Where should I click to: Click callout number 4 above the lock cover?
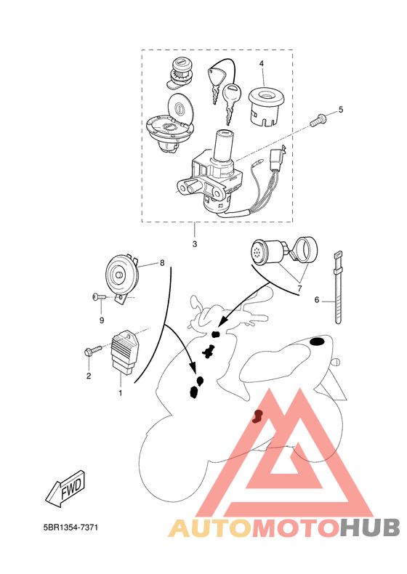[x=261, y=63]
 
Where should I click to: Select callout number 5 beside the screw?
[x=341, y=110]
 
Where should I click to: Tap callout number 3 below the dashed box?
[x=195, y=244]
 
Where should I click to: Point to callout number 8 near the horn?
[x=162, y=263]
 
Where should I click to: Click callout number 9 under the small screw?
[x=102, y=320]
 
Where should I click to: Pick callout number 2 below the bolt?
[x=89, y=376]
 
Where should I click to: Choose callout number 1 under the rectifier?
[x=120, y=393]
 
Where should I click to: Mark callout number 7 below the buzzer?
[x=299, y=288]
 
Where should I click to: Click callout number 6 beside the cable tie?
[x=317, y=300]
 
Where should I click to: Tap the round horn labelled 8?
[x=121, y=275]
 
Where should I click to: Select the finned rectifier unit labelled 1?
[x=124, y=352]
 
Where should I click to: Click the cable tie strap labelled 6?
[x=338, y=288]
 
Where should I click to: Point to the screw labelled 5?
[x=318, y=121]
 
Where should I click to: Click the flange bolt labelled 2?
[x=92, y=351]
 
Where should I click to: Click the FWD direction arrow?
[x=66, y=489]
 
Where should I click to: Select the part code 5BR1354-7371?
[x=70, y=527]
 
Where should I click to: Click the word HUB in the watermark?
[x=370, y=528]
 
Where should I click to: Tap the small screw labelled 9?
[x=99, y=297]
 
